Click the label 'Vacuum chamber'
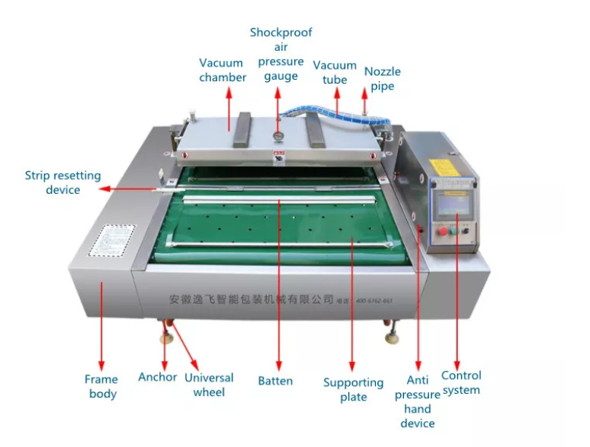pos(222,70)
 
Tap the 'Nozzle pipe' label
pos(382,78)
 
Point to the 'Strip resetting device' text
pos(62,182)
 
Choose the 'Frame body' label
pos(101,386)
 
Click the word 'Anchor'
pos(157,377)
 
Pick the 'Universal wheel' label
pos(209,385)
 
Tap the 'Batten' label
pos(275,381)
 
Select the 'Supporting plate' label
pos(353,389)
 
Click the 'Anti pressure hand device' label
pos(417,401)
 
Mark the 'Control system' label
pos(461,382)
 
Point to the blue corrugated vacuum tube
pos(318,113)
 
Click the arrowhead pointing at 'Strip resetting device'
pos(105,187)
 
